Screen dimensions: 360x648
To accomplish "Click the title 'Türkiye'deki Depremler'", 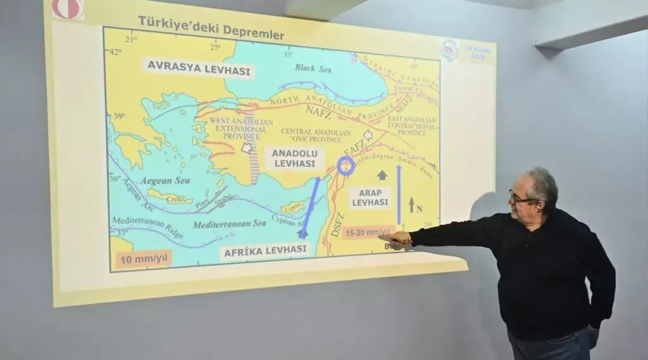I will click(210, 28).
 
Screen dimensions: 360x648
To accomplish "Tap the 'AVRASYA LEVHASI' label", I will click(197, 68).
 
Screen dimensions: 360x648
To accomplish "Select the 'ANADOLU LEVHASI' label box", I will click(294, 158).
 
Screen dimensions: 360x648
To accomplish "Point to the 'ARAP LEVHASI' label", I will click(370, 196).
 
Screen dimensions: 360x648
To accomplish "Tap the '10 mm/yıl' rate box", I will click(143, 259).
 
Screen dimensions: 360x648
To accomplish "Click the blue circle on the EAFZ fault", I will click(346, 166).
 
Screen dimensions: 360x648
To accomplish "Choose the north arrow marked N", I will click(412, 204).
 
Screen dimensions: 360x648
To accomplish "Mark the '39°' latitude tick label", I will click(118, 116).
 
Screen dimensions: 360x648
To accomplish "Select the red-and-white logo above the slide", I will click(67, 8).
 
